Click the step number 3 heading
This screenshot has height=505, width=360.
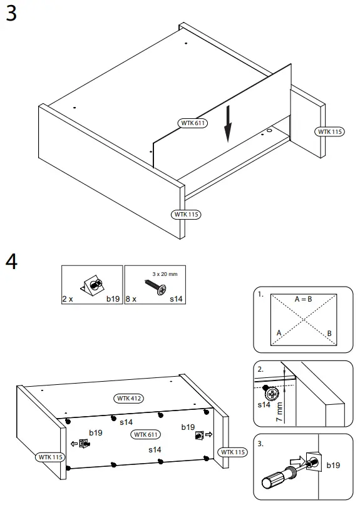(x=11, y=14)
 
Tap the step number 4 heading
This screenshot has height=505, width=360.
(x=11, y=262)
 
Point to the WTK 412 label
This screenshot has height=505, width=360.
(x=129, y=398)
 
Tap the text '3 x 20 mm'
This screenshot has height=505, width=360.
(x=165, y=273)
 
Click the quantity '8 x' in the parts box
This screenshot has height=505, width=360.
(x=130, y=300)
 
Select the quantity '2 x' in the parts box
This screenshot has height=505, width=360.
(x=68, y=300)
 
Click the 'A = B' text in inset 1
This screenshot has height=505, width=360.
(x=304, y=299)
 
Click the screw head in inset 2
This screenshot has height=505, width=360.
(x=272, y=394)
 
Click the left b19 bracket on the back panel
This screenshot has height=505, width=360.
(x=85, y=444)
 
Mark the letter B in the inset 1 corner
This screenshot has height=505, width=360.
(x=329, y=334)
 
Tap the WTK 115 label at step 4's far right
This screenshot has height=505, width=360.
(x=232, y=452)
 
